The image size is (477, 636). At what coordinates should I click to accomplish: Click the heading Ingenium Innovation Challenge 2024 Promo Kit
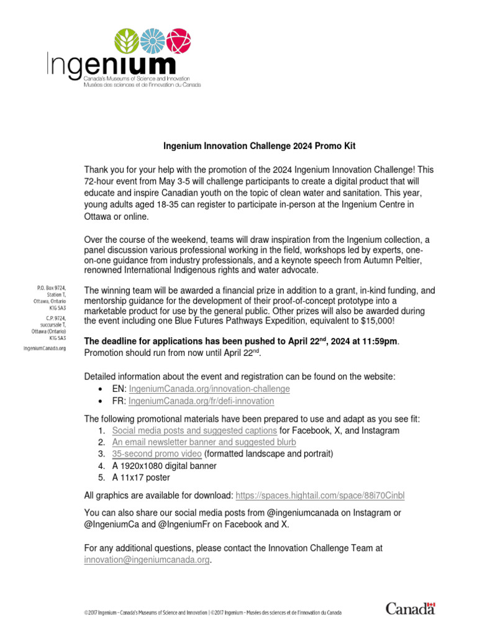[259, 147]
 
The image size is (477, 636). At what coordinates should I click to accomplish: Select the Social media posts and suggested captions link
[194, 430]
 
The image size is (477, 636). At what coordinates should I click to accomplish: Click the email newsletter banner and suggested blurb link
[204, 442]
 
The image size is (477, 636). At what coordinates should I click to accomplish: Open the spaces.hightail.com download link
[320, 495]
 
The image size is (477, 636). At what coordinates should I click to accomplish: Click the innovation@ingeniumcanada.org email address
[147, 560]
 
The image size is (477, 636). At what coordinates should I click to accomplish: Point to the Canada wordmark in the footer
[411, 608]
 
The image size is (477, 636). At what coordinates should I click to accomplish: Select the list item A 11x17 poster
[140, 478]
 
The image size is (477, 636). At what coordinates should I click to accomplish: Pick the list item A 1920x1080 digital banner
[164, 466]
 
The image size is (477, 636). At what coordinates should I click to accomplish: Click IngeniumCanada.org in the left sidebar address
[45, 348]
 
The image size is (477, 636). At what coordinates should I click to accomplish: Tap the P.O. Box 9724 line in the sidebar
[52, 288]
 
